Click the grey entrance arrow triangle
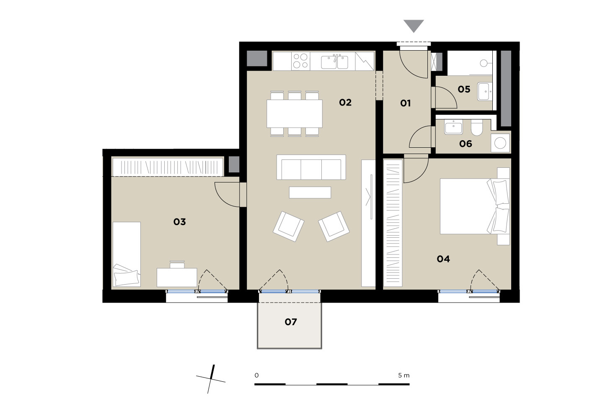point(414,25)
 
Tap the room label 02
point(345,103)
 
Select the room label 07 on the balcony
point(291,322)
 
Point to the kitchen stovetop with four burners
point(300,61)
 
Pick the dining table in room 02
point(295,113)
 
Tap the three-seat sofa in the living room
point(311,167)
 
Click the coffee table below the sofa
point(310,193)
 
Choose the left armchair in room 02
point(288,226)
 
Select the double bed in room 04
point(475,206)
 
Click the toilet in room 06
point(477,128)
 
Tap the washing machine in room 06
point(500,143)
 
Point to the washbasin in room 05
point(485,92)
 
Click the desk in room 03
point(177,277)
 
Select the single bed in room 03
point(127,254)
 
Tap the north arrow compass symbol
point(211,379)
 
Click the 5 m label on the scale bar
point(404,375)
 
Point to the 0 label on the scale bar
point(256,375)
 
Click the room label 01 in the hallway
point(405,103)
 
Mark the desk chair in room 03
point(177,264)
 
